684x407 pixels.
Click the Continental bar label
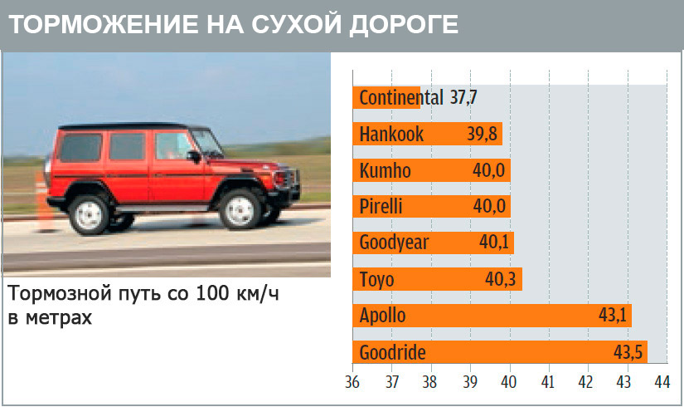point(401,97)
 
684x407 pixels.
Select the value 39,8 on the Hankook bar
point(482,134)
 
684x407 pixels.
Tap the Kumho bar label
point(385,170)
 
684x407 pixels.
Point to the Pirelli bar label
point(381,206)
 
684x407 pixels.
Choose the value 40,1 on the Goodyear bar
point(494,242)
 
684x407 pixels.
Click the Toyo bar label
point(376,280)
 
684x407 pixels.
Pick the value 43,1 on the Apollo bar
point(613,315)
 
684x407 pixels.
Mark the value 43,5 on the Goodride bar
point(628,352)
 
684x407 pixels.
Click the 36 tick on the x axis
point(352,382)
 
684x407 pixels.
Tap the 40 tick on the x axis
point(508,382)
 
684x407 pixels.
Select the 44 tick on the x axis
point(662,382)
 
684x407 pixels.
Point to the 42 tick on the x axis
point(585,382)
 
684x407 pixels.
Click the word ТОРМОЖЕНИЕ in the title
point(104,24)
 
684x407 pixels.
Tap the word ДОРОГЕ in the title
point(404,25)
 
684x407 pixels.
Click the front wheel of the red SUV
point(240,211)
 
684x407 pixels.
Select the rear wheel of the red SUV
point(89,215)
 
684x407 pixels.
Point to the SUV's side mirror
point(194,156)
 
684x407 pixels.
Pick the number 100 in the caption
point(212,293)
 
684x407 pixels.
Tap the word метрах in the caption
point(59,318)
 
